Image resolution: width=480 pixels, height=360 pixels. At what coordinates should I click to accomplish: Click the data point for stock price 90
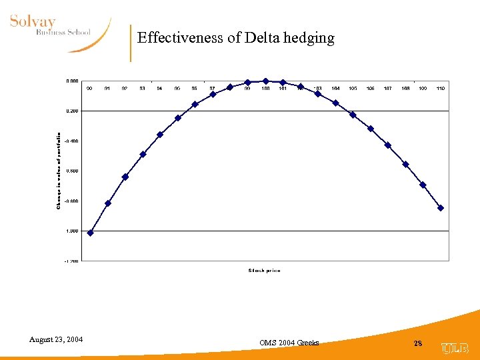pos(90,233)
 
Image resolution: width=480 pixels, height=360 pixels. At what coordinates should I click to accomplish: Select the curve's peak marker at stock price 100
pos(265,81)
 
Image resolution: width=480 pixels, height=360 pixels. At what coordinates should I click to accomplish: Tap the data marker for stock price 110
pos(441,208)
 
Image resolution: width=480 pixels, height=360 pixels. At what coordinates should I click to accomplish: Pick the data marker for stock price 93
pos(143,154)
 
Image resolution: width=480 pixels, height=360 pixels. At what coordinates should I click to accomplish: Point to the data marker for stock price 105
pos(353,115)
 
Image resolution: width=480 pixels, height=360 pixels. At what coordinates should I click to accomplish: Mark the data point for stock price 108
pos(405,164)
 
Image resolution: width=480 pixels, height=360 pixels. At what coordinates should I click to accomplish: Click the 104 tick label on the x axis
pos(335,88)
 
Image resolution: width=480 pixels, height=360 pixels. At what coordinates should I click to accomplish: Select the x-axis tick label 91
pos(107,88)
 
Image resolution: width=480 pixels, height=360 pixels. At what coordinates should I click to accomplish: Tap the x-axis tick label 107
pos(388,88)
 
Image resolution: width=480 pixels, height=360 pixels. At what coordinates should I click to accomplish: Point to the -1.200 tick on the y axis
pos(71,261)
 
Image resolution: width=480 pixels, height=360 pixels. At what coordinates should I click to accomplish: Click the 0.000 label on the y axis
pos(71,81)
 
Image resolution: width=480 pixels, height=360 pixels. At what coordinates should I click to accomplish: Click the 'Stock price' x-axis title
pos(264,270)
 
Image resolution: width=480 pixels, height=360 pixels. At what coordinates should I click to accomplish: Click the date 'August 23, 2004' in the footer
pos(56,339)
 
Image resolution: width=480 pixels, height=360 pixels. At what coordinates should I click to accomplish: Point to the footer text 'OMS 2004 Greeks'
pos(289,343)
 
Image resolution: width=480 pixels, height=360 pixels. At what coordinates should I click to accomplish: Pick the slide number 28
pos(418,343)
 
